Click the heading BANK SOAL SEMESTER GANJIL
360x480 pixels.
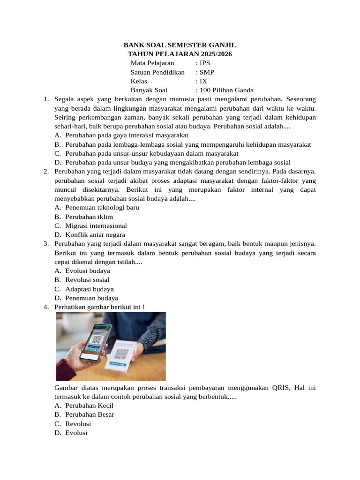(180, 45)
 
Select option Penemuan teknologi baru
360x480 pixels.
(102, 208)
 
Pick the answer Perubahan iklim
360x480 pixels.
(89, 217)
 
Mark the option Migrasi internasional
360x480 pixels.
(96, 226)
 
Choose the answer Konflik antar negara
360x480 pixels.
(95, 235)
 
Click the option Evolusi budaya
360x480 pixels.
(88, 271)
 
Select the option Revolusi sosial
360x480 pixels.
(87, 280)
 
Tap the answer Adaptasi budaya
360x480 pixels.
(90, 289)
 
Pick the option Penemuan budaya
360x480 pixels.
(91, 298)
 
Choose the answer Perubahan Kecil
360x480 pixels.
(90, 406)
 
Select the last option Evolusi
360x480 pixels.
(76, 433)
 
